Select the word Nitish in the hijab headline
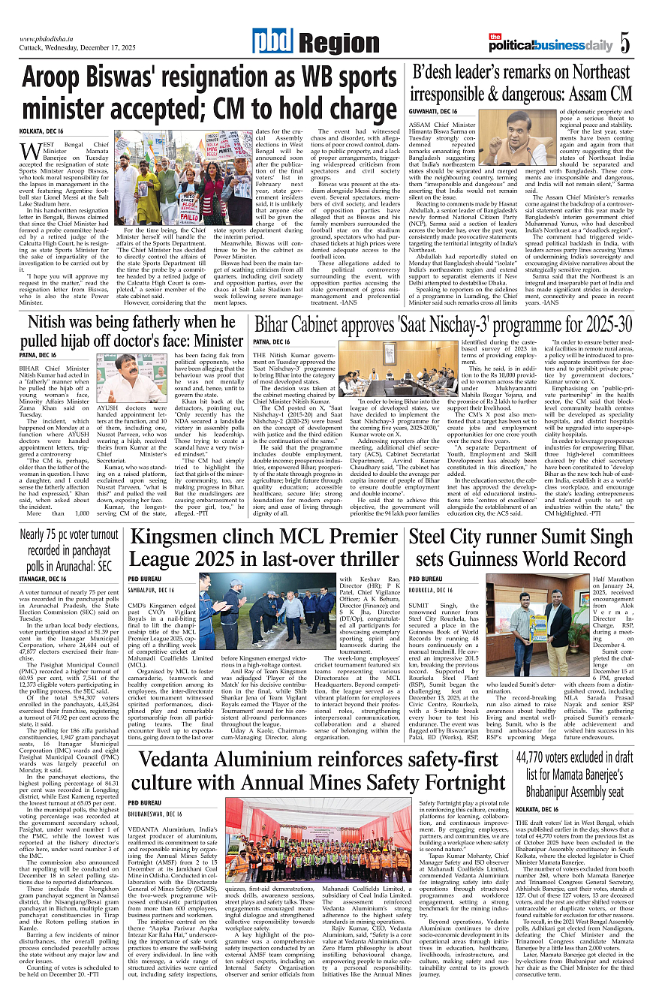56,323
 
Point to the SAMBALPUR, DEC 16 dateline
155,591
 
